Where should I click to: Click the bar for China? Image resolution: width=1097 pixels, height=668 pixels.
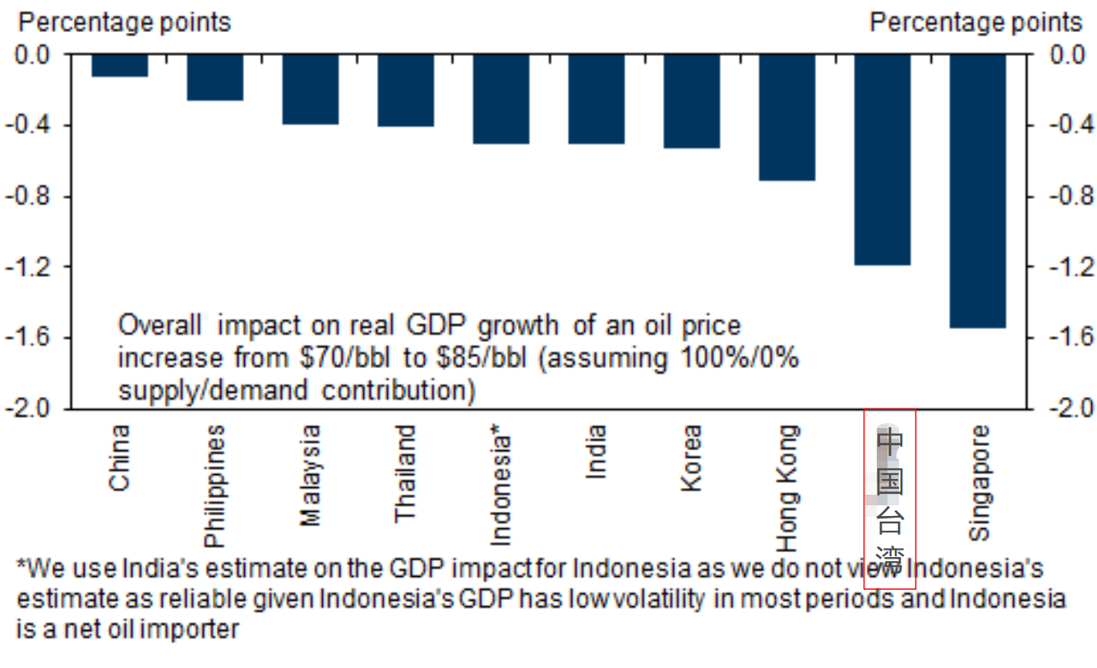click(119, 66)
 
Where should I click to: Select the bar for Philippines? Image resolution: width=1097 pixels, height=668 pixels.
click(214, 77)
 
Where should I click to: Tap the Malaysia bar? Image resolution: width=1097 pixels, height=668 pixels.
click(310, 90)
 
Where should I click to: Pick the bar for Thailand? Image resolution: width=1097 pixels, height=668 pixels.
click(405, 90)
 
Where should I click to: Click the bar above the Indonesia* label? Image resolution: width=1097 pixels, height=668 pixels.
click(500, 99)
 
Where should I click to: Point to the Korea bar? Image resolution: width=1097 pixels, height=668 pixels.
click(691, 101)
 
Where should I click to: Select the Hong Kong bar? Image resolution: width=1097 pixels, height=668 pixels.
click(786, 117)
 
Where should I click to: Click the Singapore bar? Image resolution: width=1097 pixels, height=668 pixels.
click(977, 191)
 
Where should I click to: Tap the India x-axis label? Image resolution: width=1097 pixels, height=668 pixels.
click(596, 451)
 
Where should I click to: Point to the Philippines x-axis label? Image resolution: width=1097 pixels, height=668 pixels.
click(214, 486)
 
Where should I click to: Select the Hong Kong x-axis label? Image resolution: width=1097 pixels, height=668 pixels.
click(786, 488)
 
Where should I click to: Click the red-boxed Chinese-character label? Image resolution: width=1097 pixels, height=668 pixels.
click(890, 500)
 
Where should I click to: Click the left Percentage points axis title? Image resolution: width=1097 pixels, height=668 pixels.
click(124, 22)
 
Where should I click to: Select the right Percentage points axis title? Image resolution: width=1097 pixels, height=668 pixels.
click(975, 22)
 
